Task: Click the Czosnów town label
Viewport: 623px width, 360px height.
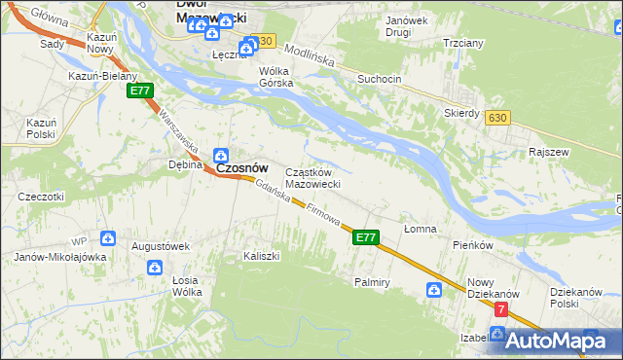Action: (x=241, y=167)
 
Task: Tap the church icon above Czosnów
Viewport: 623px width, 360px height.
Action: (x=221, y=154)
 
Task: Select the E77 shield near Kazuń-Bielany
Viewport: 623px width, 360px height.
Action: (x=141, y=90)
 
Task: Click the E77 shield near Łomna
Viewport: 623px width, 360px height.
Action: (x=365, y=236)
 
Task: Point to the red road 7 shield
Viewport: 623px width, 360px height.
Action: (x=501, y=309)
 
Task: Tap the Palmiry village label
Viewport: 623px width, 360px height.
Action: (x=372, y=282)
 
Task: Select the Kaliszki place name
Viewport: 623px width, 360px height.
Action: (x=261, y=256)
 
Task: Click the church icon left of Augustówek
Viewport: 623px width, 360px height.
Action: (x=107, y=237)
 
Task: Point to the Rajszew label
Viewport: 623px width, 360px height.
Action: (x=549, y=153)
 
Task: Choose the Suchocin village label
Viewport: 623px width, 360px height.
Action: (x=379, y=78)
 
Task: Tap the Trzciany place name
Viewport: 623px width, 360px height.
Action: (x=462, y=44)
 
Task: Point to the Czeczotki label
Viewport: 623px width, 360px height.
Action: (x=41, y=197)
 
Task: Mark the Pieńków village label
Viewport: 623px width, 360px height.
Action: (x=475, y=245)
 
